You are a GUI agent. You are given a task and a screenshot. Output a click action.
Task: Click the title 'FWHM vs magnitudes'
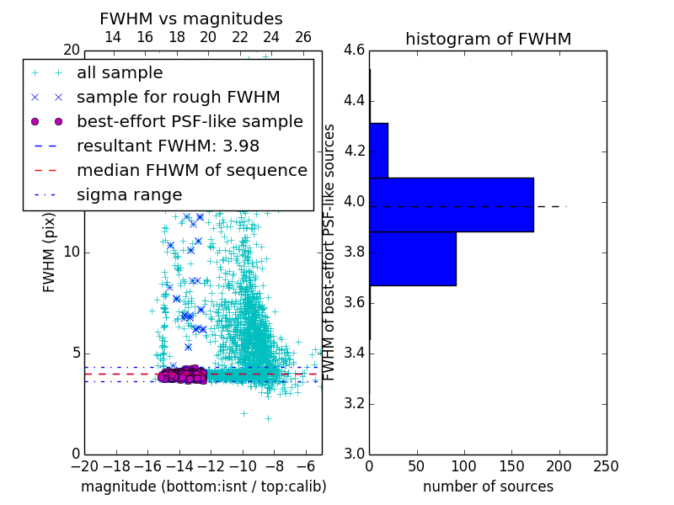point(191,19)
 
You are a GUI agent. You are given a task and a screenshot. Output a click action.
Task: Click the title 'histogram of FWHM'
point(488,39)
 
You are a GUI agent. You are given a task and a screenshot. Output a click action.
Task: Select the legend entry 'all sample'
point(120,73)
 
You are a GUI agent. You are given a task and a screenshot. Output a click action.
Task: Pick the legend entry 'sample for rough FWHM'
point(178,97)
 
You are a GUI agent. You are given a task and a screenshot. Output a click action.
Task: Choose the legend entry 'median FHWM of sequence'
point(191,170)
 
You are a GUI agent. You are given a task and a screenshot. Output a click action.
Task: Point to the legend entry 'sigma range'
point(129,194)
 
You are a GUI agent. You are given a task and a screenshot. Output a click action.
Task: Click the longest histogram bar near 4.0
point(451,205)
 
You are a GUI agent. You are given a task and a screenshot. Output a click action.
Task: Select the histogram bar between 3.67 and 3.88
point(412,258)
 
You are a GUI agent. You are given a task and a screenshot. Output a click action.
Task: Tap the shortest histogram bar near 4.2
point(378,151)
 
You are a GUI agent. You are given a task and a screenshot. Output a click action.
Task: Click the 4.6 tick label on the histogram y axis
point(355,50)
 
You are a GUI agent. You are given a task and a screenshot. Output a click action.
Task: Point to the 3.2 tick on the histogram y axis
point(355,403)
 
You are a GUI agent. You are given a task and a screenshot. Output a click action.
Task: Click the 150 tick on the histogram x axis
point(511,465)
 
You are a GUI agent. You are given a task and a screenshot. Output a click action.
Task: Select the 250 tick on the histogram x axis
point(606,465)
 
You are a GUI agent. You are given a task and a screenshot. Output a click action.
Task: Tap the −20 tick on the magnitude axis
point(83,465)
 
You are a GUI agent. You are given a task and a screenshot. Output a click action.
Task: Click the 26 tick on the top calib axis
point(303,37)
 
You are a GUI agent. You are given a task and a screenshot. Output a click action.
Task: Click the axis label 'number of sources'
point(488,486)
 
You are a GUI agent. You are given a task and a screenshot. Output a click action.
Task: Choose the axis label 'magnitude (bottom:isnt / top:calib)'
point(203,486)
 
